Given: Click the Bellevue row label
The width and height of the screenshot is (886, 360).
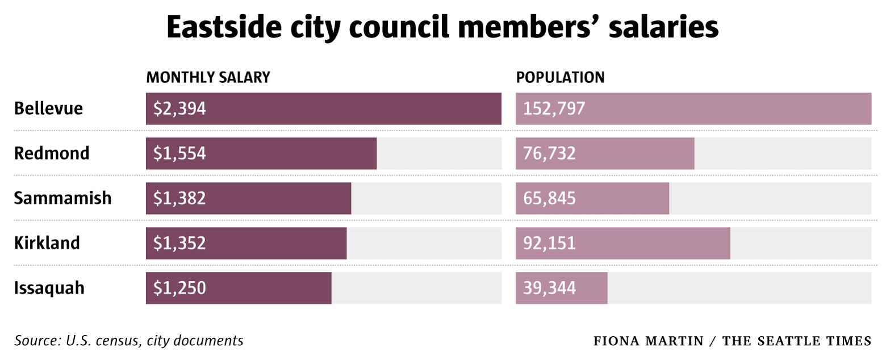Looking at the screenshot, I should click(48, 108).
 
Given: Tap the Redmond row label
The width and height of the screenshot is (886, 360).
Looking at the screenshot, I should click(52, 153).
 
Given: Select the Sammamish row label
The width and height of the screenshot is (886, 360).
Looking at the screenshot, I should click(62, 198).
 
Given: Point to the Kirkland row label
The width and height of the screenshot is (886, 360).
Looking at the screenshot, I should click(47, 243).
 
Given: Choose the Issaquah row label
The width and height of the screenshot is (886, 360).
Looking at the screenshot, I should click(49, 288).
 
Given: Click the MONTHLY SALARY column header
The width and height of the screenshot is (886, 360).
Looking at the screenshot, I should click(208, 78).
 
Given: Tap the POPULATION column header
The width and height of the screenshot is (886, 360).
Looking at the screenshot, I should click(560, 78).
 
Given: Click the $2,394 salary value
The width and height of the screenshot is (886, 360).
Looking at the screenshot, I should click(179, 108).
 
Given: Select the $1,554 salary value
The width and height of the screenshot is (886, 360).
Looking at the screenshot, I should click(179, 153).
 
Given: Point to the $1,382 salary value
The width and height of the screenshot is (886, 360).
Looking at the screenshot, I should click(179, 198).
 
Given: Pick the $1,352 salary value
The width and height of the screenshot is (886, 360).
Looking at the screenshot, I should click(179, 243).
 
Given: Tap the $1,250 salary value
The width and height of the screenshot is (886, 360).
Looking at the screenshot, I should click(179, 288).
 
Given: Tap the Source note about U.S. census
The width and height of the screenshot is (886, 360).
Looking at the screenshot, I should click(129, 341).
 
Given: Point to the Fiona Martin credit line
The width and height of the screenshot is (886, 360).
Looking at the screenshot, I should click(732, 341).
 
